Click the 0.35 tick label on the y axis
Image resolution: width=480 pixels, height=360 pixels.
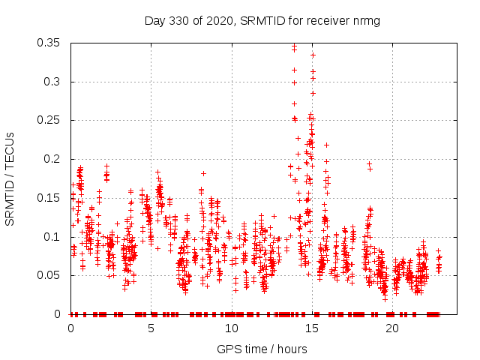click(49, 43)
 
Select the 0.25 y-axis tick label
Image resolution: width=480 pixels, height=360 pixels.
click(49, 120)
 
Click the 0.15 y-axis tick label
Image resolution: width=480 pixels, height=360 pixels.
click(49, 198)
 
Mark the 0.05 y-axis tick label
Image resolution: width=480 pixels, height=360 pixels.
click(49, 275)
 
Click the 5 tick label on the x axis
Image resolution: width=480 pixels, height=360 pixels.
click(151, 328)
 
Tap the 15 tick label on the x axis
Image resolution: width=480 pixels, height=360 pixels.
click(311, 328)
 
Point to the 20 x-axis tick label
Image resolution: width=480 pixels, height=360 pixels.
click(391, 328)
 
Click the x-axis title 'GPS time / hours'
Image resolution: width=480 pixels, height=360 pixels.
click(262, 349)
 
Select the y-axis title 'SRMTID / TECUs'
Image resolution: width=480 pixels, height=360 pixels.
click(10, 178)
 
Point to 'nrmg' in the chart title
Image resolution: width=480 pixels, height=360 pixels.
click(367, 20)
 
